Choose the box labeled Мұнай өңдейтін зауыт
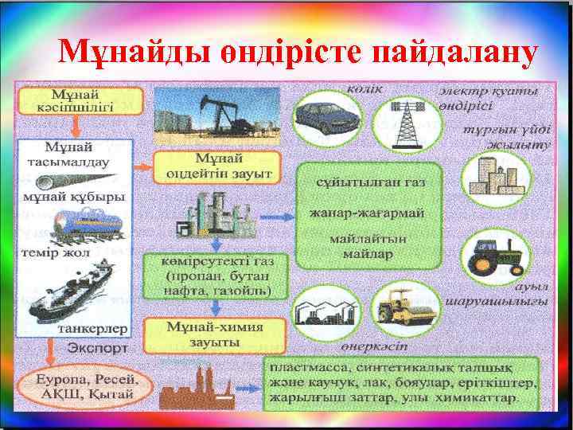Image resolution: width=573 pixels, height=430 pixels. tap(217, 166)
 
